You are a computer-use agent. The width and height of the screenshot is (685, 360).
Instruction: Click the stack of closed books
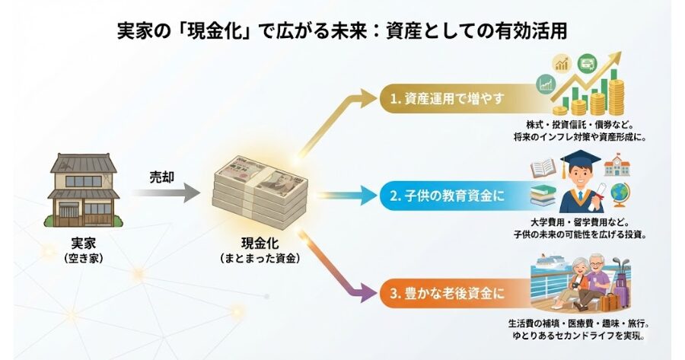[x=542, y=196]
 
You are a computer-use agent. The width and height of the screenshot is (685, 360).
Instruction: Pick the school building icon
[x=619, y=164]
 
